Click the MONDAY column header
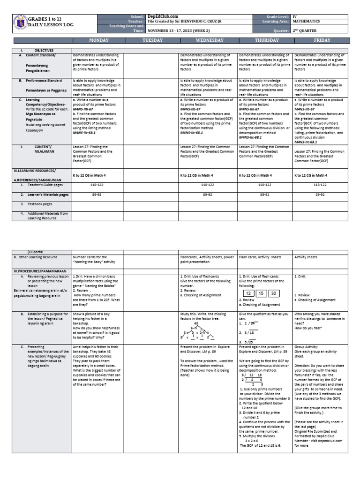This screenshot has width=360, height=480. pos(96,40)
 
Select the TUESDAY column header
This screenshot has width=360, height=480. pos(152,40)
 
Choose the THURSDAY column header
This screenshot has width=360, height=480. pos(266,40)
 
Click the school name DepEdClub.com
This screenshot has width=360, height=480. pos(159,16)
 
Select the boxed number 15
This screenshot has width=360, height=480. pos(261,293)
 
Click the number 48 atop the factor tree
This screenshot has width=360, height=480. pos(196,323)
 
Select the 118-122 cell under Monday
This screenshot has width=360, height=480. pos(97,185)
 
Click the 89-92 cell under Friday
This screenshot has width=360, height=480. pos(320,194)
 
